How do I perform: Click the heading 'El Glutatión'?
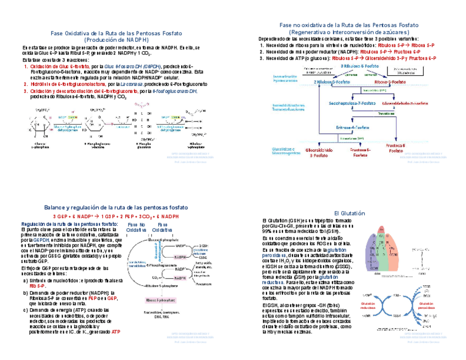click(x=349, y=213)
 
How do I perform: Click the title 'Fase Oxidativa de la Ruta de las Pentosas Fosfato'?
click(x=116, y=33)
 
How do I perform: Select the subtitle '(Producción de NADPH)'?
click(x=116, y=40)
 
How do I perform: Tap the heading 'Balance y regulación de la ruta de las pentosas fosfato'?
click(x=116, y=208)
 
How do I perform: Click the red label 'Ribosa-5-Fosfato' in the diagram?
click(x=390, y=81)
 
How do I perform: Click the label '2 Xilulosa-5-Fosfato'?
click(x=332, y=81)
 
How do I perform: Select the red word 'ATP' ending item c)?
click(x=116, y=332)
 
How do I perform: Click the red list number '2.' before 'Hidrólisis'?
click(x=25, y=84)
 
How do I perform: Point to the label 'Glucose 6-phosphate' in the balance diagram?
click(x=149, y=240)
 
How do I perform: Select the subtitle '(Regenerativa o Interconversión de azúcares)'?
click(x=349, y=32)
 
